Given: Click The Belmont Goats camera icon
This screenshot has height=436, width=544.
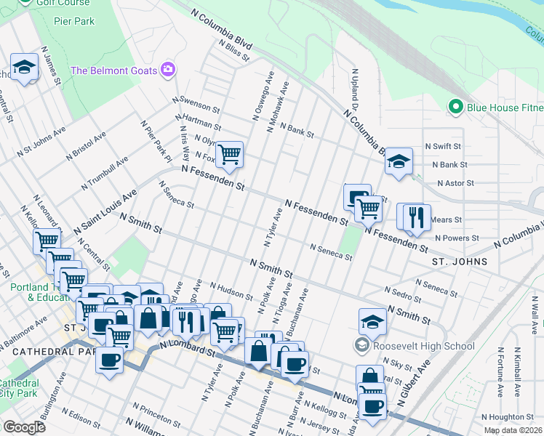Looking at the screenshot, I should point(169,69).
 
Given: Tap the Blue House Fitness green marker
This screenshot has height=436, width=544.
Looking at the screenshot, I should point(456,108).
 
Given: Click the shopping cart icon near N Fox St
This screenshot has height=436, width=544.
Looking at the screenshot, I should point(230,154).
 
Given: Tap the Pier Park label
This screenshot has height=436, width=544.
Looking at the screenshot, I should point(74,21).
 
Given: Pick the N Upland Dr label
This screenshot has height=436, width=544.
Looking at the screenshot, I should point(356,91).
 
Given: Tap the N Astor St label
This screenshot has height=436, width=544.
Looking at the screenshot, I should point(453,184).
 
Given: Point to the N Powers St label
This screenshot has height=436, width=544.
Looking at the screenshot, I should point(457,238).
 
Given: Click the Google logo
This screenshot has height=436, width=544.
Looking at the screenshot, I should point(24,427).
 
